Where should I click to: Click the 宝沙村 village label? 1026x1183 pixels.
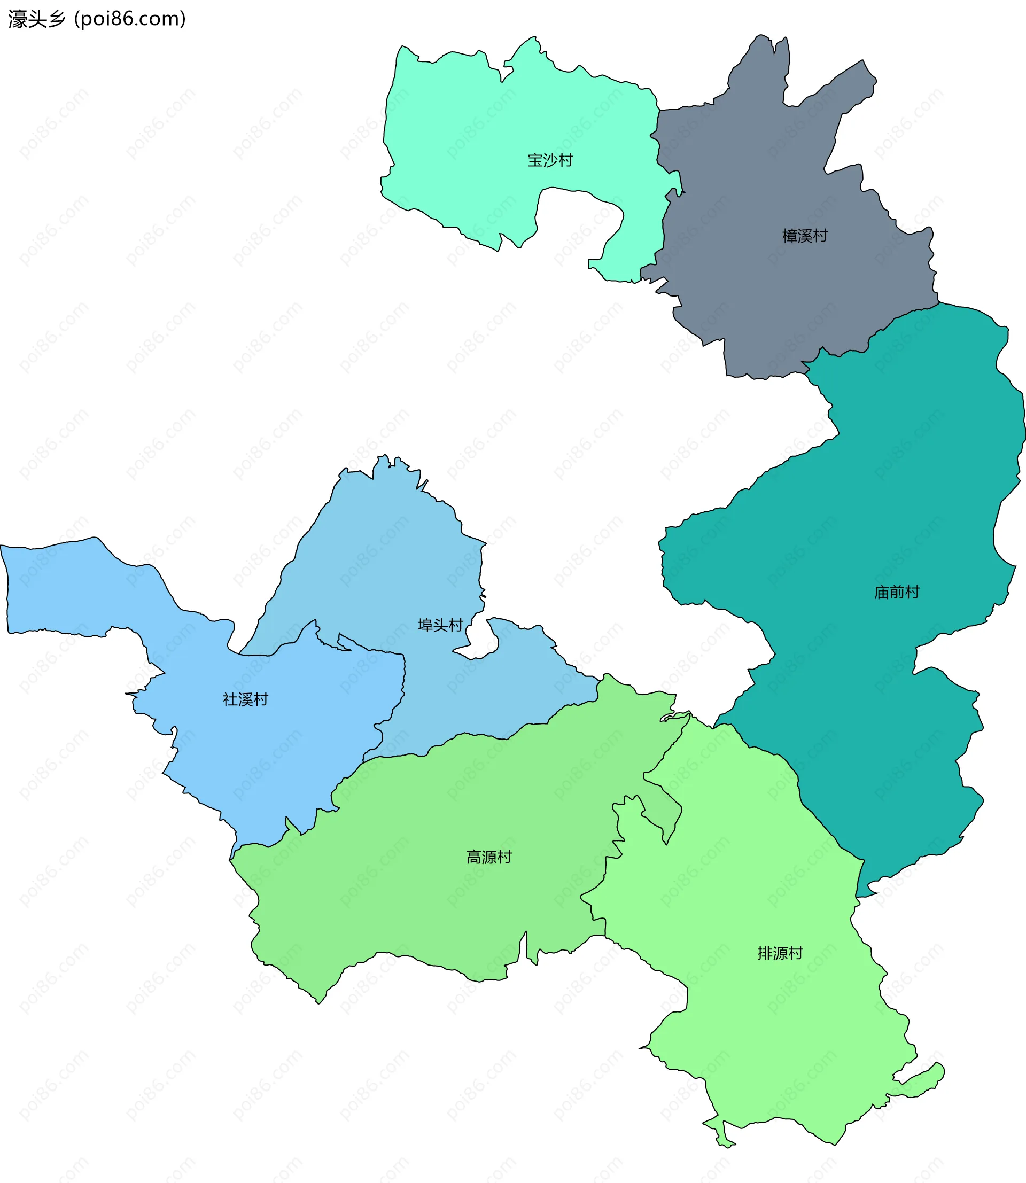point(550,160)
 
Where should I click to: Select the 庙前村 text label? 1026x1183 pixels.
point(896,592)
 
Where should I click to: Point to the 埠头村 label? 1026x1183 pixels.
point(440,625)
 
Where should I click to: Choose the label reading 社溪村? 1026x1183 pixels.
point(245,699)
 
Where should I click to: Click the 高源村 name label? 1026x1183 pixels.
point(488,857)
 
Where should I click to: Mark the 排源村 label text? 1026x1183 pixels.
point(780,953)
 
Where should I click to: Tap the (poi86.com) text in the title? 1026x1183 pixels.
point(130,19)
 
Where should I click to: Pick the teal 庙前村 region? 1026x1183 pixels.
point(859,515)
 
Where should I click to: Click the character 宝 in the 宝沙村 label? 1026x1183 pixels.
point(535,160)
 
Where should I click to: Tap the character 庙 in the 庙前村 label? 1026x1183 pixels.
point(881,592)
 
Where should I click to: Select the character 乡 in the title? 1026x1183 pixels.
point(57,19)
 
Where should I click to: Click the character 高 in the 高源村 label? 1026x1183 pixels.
point(473,857)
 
